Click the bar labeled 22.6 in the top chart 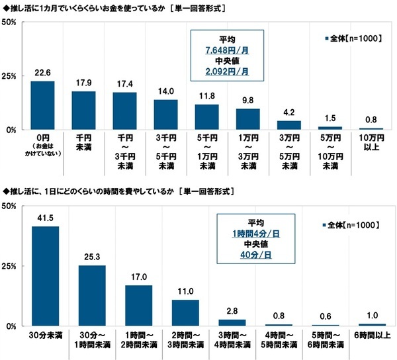pyautogui.click(x=42, y=105)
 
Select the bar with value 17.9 pyautogui.click(x=83, y=111)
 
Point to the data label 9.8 pyautogui.click(x=247, y=101)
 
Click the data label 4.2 pyautogui.click(x=288, y=112)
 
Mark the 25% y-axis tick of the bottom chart pyautogui.click(x=10, y=266)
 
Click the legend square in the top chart pyautogui.click(x=326, y=39)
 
